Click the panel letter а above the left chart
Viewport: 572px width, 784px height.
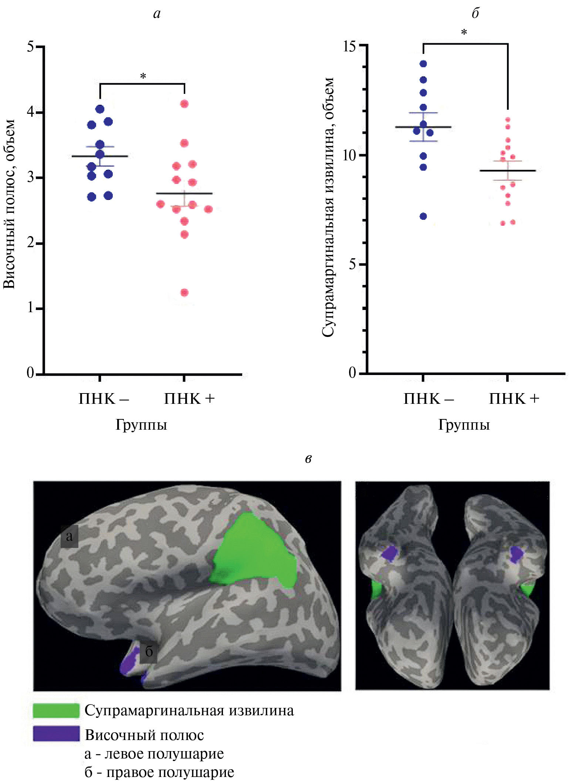pyautogui.click(x=157, y=14)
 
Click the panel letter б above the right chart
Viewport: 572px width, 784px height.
pyautogui.click(x=475, y=13)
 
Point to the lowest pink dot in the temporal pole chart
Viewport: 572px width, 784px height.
pyautogui.click(x=184, y=293)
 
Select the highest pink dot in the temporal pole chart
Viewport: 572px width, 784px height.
pyautogui.click(x=184, y=104)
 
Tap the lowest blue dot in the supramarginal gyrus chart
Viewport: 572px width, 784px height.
pyautogui.click(x=423, y=216)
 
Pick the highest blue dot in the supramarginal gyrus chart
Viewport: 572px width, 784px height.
pyautogui.click(x=423, y=64)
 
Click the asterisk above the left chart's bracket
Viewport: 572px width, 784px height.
pyautogui.click(x=143, y=76)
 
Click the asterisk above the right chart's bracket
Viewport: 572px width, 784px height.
pyautogui.click(x=464, y=33)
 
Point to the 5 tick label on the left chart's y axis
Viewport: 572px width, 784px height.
pyautogui.click(x=30, y=47)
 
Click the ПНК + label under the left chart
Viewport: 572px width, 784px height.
pyautogui.click(x=189, y=399)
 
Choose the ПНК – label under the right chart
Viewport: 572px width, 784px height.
pyautogui.click(x=429, y=399)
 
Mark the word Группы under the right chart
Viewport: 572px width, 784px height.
pyautogui.click(x=464, y=425)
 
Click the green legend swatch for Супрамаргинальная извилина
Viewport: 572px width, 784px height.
pyautogui.click(x=56, y=710)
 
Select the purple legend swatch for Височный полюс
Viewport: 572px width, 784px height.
pyautogui.click(x=56, y=734)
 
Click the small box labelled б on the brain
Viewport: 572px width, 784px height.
pyautogui.click(x=149, y=651)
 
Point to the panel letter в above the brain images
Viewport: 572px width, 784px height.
pyautogui.click(x=308, y=459)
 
